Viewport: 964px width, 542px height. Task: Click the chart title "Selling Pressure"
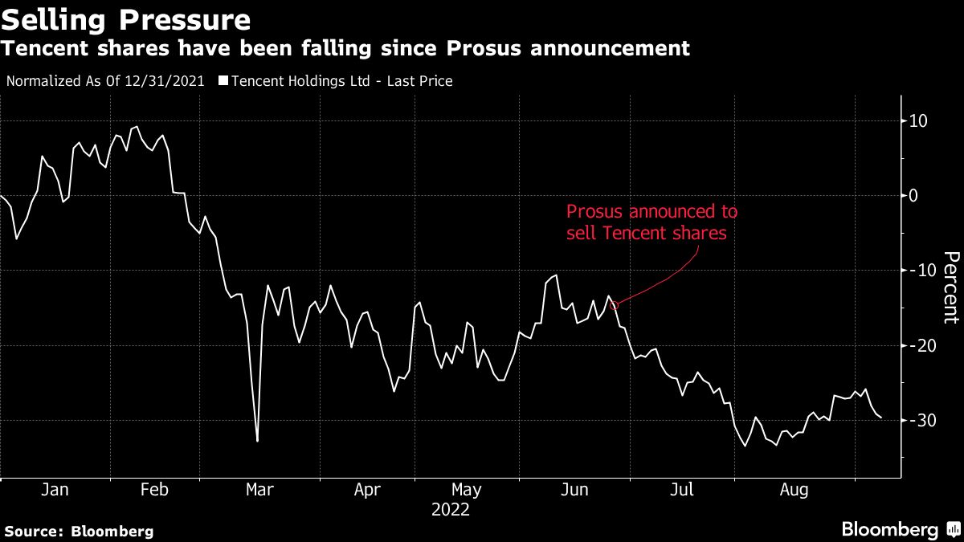coord(125,18)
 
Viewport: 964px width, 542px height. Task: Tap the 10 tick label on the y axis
coord(917,120)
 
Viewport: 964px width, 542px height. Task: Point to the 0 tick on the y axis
coord(913,195)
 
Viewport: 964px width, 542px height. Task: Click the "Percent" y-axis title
coord(950,287)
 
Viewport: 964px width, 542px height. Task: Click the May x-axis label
coord(466,489)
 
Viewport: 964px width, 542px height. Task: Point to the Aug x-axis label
coord(794,489)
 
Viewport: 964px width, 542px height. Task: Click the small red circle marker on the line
coord(614,304)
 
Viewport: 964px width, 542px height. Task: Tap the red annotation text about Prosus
coord(651,222)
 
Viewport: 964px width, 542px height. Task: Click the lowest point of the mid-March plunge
coord(257,441)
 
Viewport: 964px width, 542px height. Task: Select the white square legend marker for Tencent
coord(223,81)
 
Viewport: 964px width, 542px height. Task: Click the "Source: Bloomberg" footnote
coord(79,531)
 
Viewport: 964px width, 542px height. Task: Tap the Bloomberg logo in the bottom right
coord(899,529)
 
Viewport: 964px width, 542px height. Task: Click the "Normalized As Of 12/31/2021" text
coord(105,81)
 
